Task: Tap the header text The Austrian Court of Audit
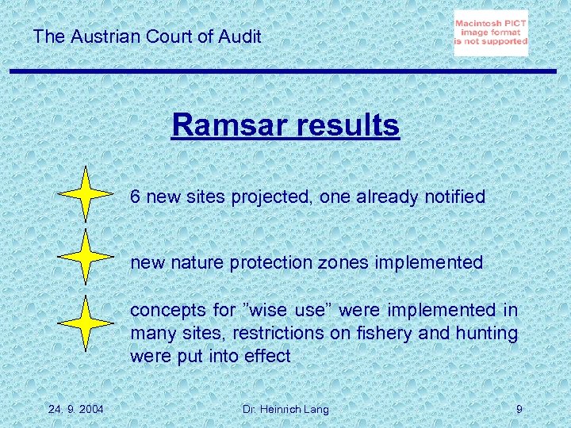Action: coord(148,36)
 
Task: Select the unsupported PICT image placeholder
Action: coord(491,33)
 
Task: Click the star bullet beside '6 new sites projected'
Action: coord(86,194)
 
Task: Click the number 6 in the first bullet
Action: coord(136,197)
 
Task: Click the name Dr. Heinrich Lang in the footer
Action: coord(285,409)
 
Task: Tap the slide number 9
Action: coord(519,409)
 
